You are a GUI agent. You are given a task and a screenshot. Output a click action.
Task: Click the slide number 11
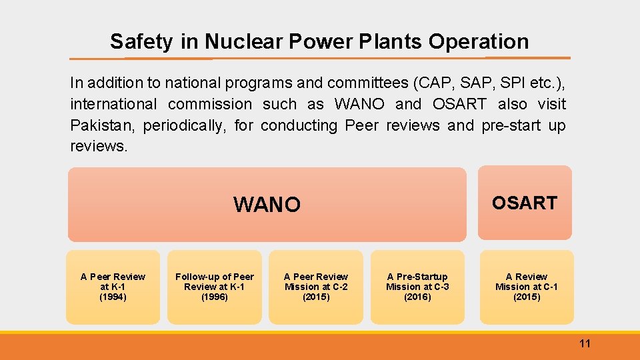pos(585,344)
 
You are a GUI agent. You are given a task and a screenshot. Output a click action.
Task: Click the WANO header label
pos(267,205)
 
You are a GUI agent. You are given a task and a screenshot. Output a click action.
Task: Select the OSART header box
pos(525,203)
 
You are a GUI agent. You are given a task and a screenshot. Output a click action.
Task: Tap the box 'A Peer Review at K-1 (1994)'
pos(113,287)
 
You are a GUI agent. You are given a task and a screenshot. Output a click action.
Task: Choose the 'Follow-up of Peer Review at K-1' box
pos(214,287)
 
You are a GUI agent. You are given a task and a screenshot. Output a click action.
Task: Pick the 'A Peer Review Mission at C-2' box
pos(315,287)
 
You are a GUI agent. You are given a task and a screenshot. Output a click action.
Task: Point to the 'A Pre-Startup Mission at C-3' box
pos(417,287)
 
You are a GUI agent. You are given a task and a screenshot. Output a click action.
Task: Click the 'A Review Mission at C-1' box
pos(526,287)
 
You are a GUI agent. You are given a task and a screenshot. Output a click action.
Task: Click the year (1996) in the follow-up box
pos(214,297)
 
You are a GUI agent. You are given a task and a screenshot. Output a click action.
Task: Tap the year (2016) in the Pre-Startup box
pos(417,297)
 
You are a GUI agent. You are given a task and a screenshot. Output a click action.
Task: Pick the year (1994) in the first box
pos(113,297)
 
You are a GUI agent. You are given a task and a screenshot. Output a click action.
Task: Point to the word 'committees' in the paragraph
pos(367,83)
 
